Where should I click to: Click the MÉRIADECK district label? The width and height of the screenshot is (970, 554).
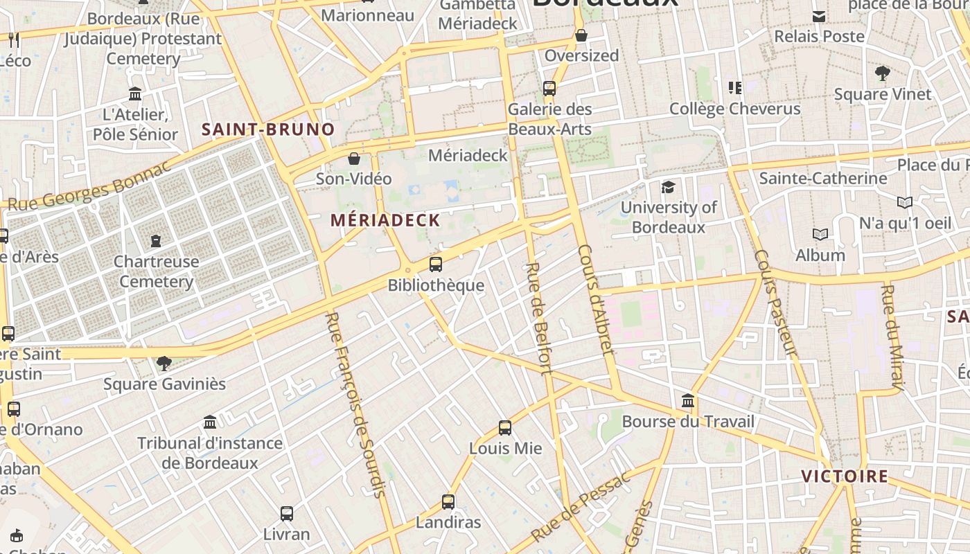point(385,221)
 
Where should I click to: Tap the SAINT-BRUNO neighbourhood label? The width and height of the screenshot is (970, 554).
point(268,129)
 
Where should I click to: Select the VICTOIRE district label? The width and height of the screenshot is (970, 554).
point(845,476)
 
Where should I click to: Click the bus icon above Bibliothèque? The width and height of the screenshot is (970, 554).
point(436,264)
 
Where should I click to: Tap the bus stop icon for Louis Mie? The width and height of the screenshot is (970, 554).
point(505,428)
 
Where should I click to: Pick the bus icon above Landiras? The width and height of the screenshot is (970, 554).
point(448,502)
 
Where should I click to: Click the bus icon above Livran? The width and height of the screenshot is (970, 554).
point(287,514)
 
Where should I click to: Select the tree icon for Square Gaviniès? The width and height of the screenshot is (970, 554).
point(164,363)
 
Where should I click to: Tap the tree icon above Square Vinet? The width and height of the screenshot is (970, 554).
point(883,73)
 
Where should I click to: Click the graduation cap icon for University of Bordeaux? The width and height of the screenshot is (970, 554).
point(668,187)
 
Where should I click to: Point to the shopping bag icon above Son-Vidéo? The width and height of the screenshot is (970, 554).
point(354,159)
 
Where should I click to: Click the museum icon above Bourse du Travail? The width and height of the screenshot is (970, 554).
point(688,401)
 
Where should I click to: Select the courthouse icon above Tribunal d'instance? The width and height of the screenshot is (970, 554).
point(210,422)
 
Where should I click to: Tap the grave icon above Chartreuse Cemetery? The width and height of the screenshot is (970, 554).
point(156,241)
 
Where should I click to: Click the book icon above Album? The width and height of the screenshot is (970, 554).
point(820,235)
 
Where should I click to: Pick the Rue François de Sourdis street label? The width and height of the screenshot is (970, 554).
point(355,404)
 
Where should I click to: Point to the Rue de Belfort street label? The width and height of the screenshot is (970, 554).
point(538,317)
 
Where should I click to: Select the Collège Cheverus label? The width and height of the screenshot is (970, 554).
point(734,109)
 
